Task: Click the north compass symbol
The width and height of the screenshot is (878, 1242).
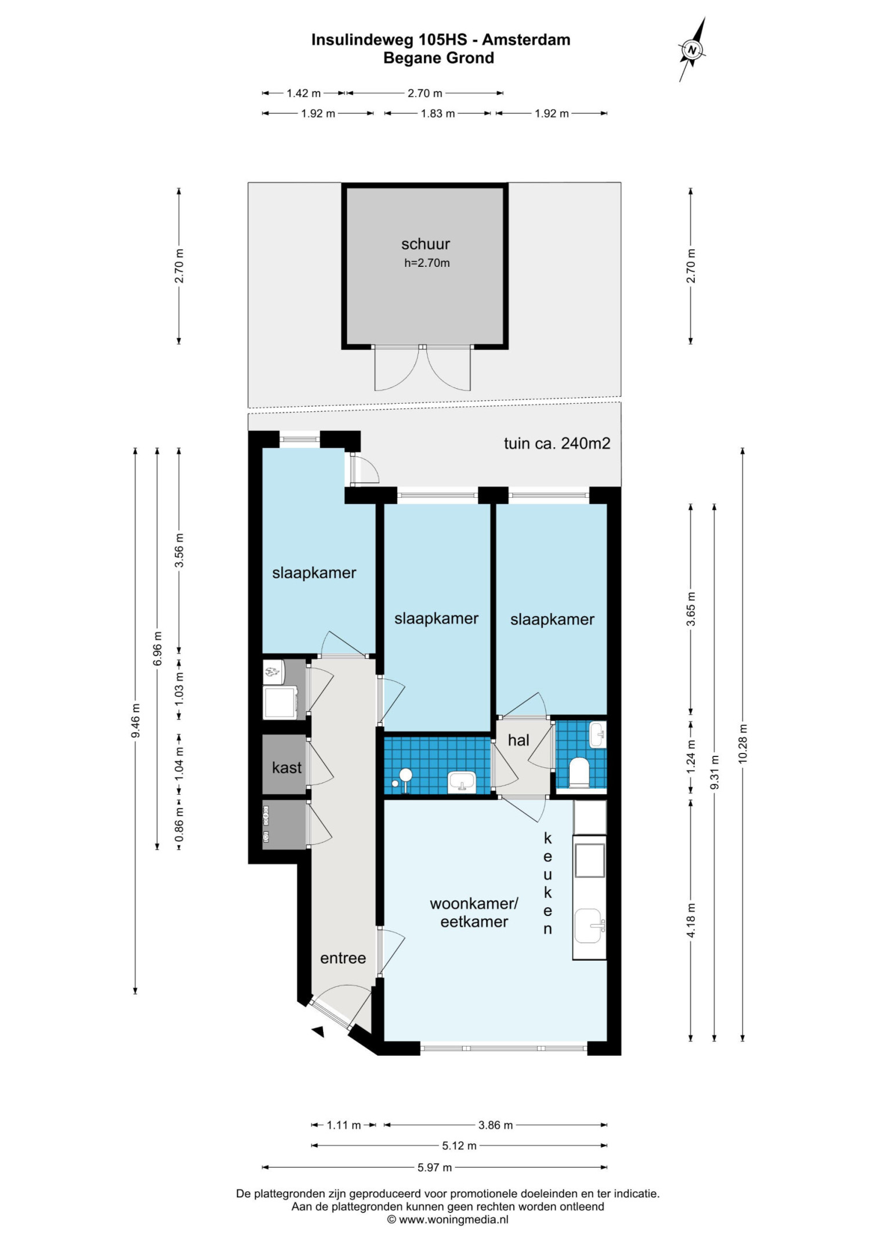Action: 692,50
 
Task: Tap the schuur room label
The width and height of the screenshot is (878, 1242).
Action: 426,244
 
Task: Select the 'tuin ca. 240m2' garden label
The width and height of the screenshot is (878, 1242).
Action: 557,443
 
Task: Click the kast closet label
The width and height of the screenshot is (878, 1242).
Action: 286,767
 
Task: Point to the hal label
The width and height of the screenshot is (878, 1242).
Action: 518,740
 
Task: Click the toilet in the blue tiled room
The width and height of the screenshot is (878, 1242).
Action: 579,772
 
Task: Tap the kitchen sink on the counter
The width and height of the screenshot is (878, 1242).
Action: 589,925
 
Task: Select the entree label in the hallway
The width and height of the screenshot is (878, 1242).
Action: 343,958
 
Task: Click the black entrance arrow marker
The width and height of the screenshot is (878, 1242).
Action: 318,1031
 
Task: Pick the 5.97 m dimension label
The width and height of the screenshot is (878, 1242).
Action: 434,1167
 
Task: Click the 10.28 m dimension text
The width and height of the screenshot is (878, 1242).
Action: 743,744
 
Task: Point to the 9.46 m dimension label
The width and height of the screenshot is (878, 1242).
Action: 135,720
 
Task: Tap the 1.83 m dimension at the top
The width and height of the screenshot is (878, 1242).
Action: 437,114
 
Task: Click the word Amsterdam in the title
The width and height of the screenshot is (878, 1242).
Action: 526,39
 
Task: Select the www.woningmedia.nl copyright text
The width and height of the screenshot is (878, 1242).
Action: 448,1219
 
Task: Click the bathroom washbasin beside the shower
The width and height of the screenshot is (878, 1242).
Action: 462,781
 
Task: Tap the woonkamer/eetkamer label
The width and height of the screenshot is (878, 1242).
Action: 474,913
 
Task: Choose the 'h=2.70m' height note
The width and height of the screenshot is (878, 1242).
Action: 427,263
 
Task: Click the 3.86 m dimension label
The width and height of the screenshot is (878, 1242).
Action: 495,1125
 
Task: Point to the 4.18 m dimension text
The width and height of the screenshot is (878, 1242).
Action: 691,920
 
